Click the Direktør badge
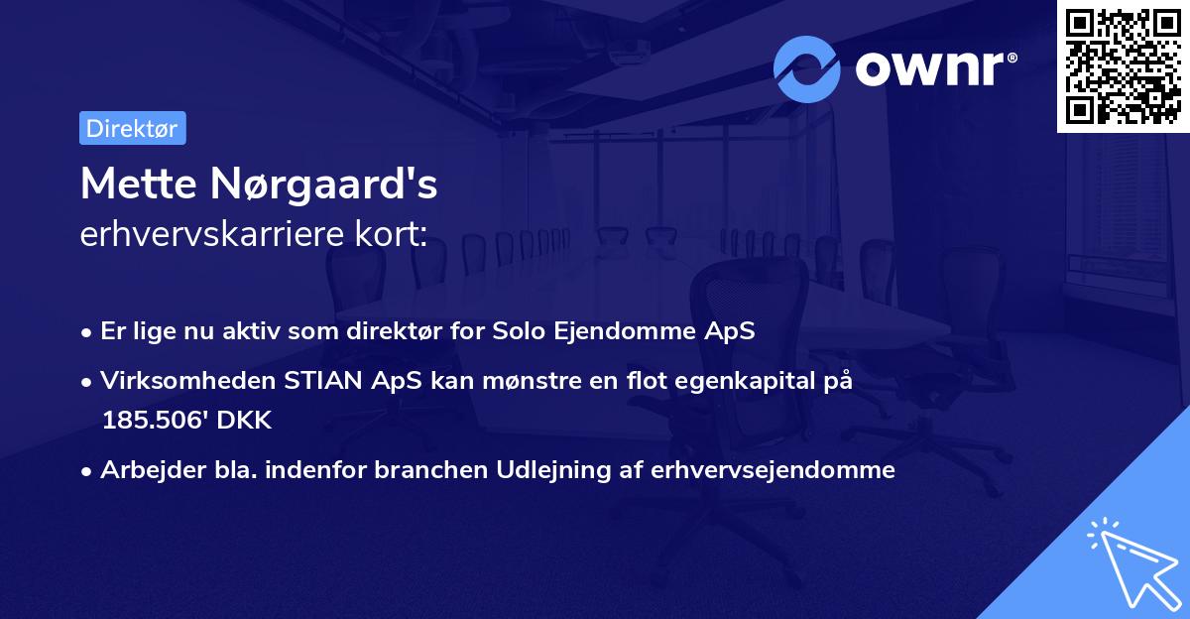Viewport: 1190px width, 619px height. point(132,128)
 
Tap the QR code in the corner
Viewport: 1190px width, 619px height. point(1123,65)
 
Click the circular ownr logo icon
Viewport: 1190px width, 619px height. point(807,69)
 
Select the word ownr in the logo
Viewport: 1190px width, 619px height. point(933,69)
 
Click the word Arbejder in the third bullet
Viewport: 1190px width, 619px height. point(145,470)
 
